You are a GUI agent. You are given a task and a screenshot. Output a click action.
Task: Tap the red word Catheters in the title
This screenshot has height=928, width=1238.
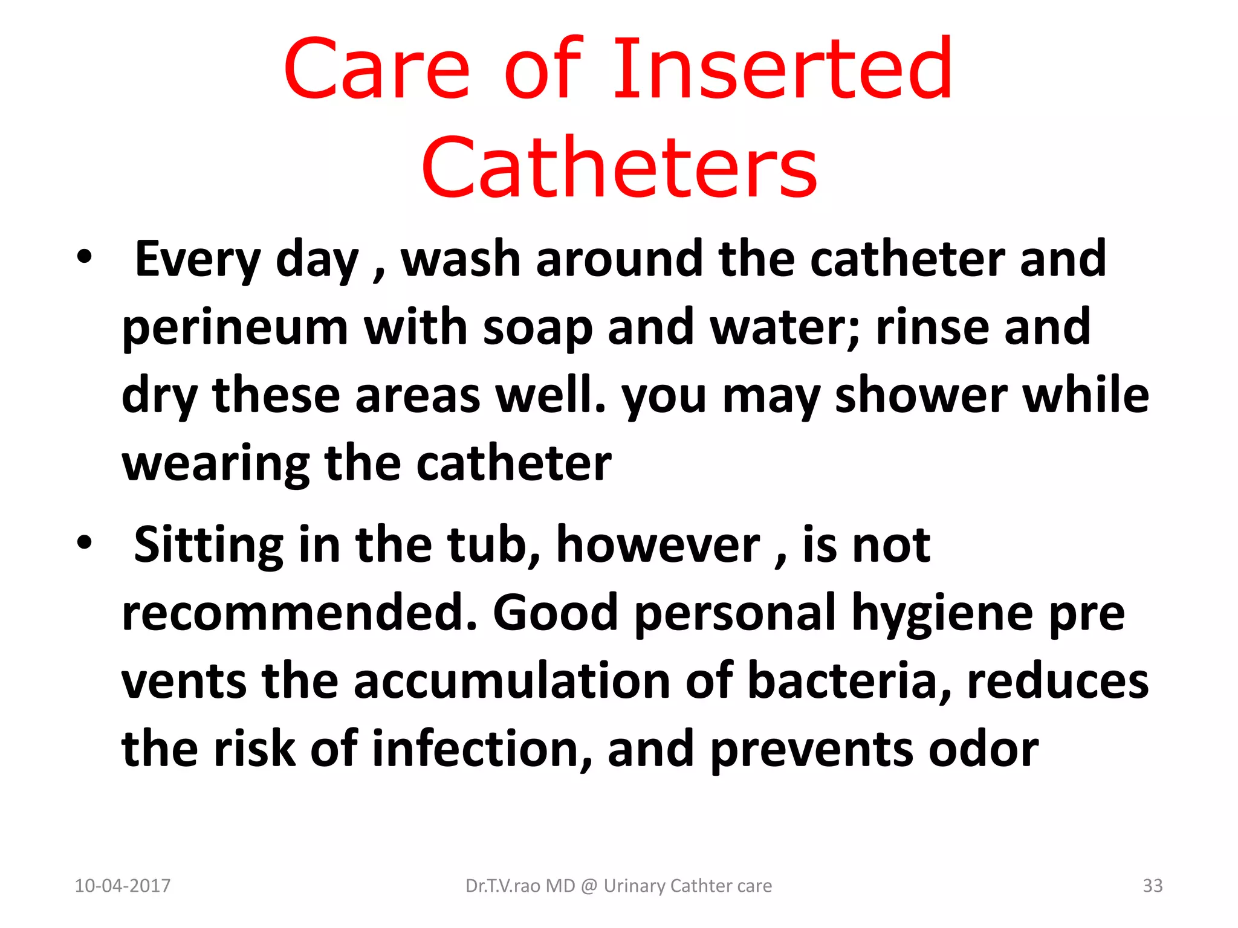619,167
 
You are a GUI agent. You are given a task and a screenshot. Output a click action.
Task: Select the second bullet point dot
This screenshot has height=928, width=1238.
85,542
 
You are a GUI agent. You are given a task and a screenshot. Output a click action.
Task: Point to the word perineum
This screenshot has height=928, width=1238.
235,328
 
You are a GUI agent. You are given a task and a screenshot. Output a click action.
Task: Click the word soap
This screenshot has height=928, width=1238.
537,328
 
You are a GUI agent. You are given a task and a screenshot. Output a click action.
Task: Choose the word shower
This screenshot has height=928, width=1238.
921,396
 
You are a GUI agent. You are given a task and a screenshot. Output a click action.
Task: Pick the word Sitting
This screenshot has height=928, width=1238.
208,546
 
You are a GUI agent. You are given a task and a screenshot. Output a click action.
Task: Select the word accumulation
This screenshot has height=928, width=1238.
511,681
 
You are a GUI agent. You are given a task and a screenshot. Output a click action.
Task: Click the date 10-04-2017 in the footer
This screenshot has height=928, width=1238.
123,886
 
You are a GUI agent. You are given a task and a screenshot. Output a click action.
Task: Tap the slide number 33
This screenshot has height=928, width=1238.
1152,886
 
